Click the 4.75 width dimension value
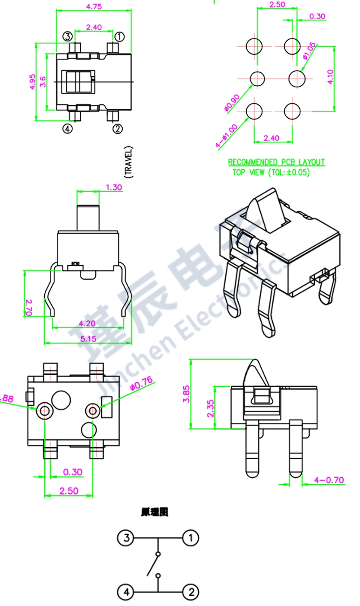pos(94,6)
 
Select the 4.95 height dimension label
pos(31,82)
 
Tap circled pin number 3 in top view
pos(68,36)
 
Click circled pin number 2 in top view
pos(118,128)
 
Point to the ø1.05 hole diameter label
pos(309,51)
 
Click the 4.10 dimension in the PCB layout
pos(330,77)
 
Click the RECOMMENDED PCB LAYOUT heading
pos(277,162)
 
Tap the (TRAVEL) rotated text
pos(129,162)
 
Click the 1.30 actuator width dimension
pos(114,187)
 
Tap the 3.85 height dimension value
pos(187,394)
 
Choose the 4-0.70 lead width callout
pos(330,479)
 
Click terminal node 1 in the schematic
pos(190,538)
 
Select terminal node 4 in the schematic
pos(125,593)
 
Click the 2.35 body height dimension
pos(210,407)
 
